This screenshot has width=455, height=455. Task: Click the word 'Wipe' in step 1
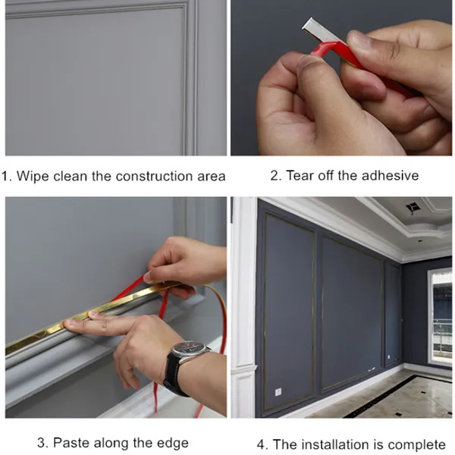33,176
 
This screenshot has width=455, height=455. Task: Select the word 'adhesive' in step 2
390,176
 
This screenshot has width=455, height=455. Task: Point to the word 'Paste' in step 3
71,443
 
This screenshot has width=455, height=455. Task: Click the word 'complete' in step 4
416,445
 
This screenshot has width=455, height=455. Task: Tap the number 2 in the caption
274,176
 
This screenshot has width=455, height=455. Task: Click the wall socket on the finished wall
278,392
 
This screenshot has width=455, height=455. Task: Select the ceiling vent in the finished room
411,208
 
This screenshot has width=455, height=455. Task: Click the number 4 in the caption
260,445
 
